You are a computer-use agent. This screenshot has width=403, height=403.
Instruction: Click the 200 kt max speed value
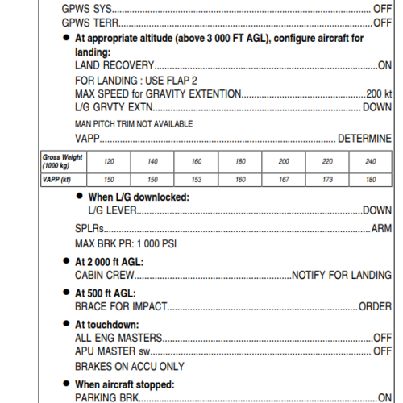point(379,93)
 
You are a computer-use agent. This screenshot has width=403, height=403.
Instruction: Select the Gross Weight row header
point(62,161)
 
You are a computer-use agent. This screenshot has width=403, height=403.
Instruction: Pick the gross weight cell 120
point(109,162)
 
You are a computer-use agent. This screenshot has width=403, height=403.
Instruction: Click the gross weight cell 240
point(371,162)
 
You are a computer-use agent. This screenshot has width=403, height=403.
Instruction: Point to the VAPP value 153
point(196,179)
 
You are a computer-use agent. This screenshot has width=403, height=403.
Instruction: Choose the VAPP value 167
point(284,179)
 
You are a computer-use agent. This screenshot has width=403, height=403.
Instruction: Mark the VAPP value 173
point(327,179)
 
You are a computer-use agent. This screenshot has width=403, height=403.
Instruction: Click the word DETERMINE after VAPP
point(364,138)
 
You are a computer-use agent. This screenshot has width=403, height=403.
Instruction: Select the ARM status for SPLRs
point(381,229)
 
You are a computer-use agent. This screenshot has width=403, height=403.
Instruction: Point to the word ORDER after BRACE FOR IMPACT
point(375,307)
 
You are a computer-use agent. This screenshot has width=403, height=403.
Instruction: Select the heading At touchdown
point(108,324)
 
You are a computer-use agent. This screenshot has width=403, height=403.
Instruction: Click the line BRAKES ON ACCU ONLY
point(129,367)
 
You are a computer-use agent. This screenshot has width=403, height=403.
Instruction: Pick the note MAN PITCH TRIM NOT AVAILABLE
point(134,123)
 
